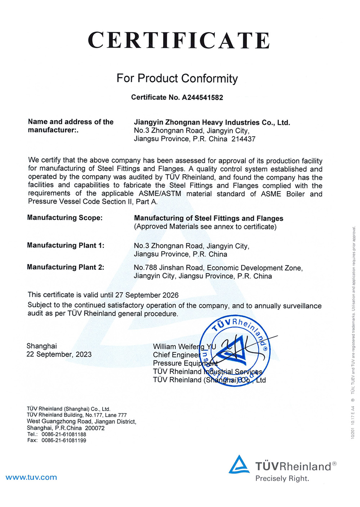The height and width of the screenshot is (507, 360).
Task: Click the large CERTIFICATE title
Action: pos(179,40)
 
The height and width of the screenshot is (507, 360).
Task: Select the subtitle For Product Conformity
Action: pos(177,78)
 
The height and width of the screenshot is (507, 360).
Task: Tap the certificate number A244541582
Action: pos(202,97)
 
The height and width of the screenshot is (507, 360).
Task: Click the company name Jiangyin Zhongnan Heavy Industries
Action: pos(212,123)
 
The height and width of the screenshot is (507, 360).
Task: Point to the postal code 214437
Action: pos(243,139)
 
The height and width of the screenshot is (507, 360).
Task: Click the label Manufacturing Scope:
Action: pos(65,218)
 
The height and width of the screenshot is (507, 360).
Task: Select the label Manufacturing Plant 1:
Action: pos(66,245)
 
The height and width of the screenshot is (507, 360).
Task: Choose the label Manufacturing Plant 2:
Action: pos(66,267)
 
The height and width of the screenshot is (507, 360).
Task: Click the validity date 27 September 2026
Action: pos(147,295)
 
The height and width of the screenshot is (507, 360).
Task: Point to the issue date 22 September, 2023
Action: pos(59,355)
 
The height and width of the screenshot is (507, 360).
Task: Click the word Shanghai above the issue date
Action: pos(42,346)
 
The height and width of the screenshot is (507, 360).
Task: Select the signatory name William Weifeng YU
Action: pos(184,347)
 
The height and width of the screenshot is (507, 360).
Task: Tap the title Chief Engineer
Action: pos(176,355)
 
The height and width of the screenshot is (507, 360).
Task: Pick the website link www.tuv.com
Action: pos(31,477)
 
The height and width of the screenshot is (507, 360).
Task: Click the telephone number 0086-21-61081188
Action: pos(64,435)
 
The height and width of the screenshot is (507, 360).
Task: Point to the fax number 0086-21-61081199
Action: pos(64,440)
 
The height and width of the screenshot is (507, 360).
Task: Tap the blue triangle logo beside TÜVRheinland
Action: pos(239,465)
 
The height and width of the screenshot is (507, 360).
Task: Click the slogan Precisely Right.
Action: pos(282,479)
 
